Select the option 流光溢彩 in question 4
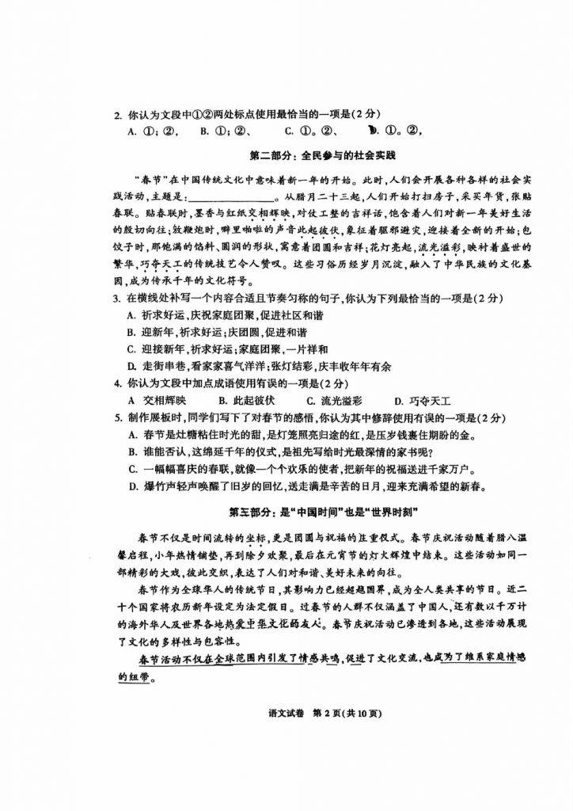[336, 400]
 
